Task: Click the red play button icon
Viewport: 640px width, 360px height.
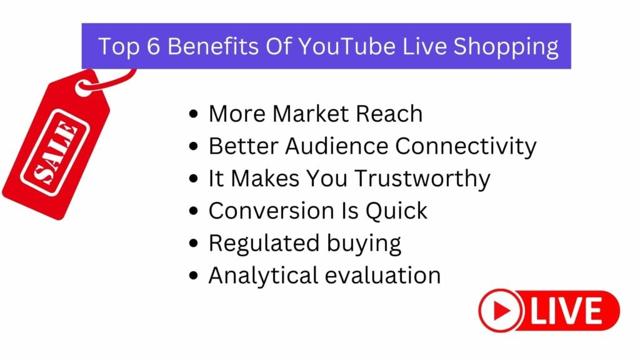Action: coord(501,311)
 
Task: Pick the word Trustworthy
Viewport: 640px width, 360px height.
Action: coord(422,179)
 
